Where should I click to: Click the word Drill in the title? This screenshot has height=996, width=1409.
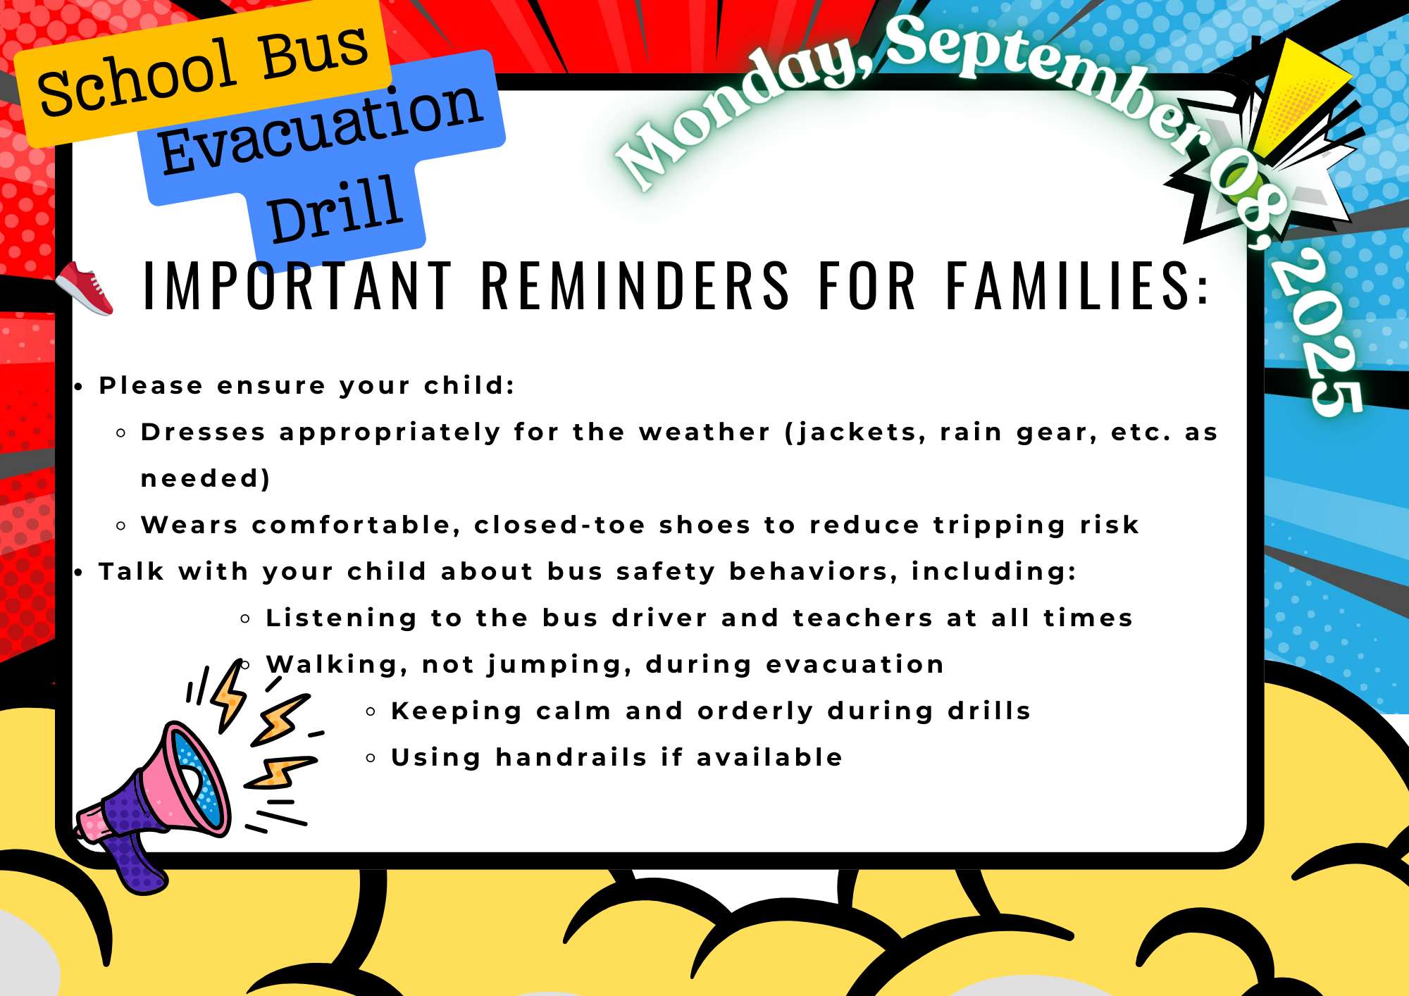pos(335,209)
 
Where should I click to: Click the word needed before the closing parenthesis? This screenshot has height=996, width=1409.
pos(201,478)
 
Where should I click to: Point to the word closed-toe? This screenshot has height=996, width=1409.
pos(560,525)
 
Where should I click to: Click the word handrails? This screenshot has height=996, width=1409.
pos(571,757)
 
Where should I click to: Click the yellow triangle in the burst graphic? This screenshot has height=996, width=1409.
pos(1300,95)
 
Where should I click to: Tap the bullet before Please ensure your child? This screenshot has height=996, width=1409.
pos(80,387)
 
